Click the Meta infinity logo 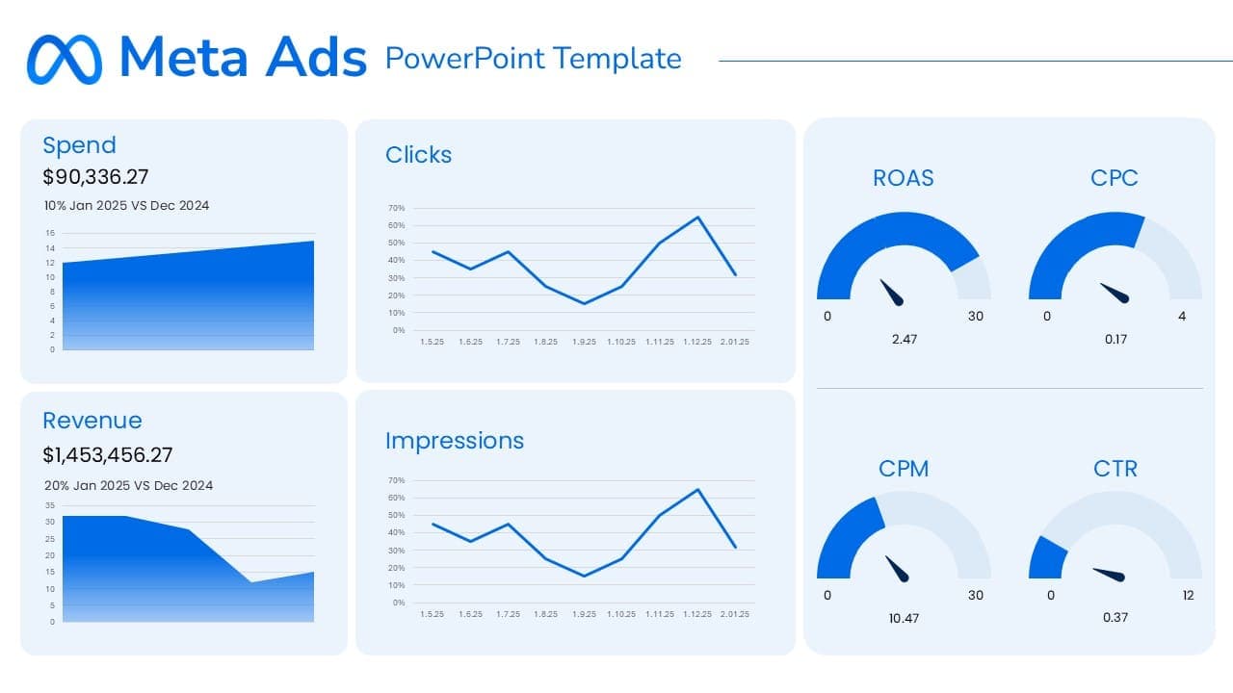(64, 59)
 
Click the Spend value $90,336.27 (95, 177)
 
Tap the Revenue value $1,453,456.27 (108, 455)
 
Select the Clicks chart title (418, 155)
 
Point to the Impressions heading (455, 441)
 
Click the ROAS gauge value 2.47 (904, 339)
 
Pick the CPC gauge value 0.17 (1115, 339)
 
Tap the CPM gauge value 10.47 (904, 618)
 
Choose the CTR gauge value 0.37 (1115, 618)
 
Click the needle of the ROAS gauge (892, 293)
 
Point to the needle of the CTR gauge (1110, 574)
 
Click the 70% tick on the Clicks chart (396, 208)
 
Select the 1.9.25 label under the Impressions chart (584, 614)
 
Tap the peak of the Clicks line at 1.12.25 (697, 217)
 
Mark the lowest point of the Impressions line (584, 576)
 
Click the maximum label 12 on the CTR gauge (1189, 595)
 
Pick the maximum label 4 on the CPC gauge (1182, 316)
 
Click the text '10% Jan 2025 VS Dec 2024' (126, 205)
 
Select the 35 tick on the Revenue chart (50, 504)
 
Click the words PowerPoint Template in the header (533, 59)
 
